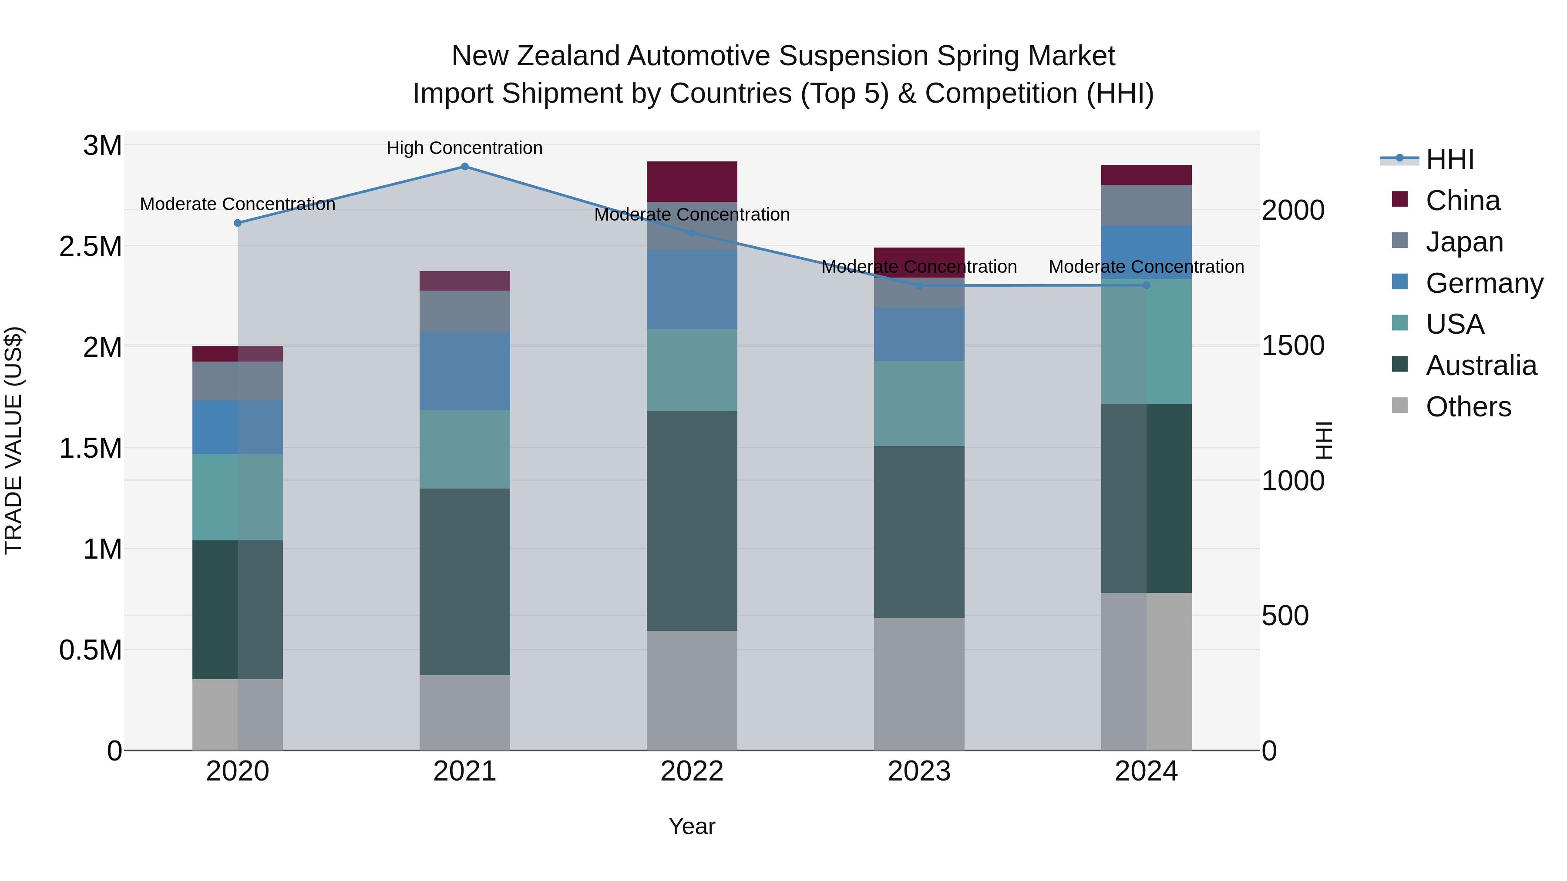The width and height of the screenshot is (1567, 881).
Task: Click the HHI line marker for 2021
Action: pyautogui.click(x=465, y=167)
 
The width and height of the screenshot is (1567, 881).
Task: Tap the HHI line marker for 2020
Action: pyautogui.click(x=238, y=223)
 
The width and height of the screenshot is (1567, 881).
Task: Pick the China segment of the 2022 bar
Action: pyautogui.click(x=692, y=181)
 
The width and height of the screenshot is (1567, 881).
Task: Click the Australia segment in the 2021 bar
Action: pyautogui.click(x=465, y=581)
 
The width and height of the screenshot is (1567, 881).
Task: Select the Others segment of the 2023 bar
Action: pyautogui.click(x=919, y=683)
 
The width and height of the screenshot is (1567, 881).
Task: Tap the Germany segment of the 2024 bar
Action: pyautogui.click(x=1146, y=252)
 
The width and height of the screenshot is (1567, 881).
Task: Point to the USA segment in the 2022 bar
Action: pyautogui.click(x=692, y=370)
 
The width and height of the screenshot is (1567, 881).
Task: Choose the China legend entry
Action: pyautogui.click(x=1463, y=201)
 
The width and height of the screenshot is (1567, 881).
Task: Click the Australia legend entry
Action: pyautogui.click(x=1481, y=365)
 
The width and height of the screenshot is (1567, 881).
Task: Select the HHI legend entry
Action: pyautogui.click(x=1449, y=159)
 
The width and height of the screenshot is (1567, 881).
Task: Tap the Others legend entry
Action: pyautogui.click(x=1468, y=407)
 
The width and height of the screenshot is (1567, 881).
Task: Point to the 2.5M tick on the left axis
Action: pyautogui.click(x=90, y=246)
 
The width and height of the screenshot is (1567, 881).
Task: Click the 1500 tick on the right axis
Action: pyautogui.click(x=1293, y=345)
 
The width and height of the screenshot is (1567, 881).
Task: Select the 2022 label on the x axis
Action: pyautogui.click(x=692, y=771)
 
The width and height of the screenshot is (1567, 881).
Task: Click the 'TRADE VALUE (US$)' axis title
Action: pyautogui.click(x=13, y=440)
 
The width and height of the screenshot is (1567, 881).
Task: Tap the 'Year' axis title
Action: pyautogui.click(x=692, y=826)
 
